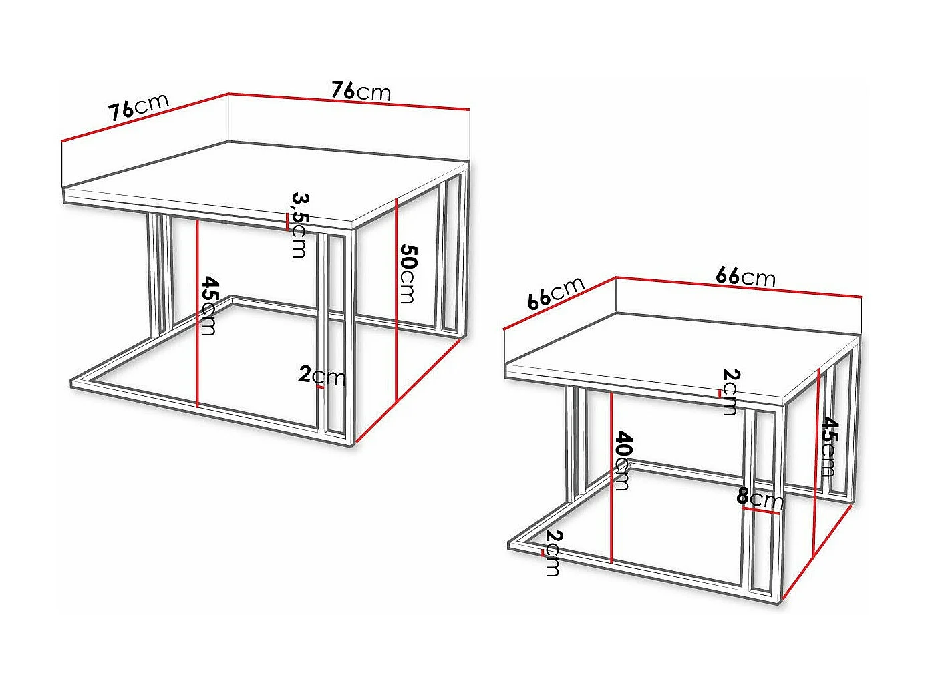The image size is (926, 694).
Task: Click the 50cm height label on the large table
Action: tap(408, 274)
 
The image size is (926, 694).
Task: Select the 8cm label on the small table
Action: tap(759, 498)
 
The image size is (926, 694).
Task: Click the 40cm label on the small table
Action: tap(622, 461)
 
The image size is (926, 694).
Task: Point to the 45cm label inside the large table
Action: tap(209, 305)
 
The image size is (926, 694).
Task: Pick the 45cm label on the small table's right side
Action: tap(828, 446)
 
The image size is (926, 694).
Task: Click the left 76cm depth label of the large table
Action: tap(138, 107)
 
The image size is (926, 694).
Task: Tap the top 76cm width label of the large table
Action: tap(361, 90)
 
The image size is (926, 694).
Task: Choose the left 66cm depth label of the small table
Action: tap(555, 293)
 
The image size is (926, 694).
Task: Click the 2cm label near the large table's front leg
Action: tap(322, 376)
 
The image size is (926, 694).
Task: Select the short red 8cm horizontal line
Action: tap(762, 511)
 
